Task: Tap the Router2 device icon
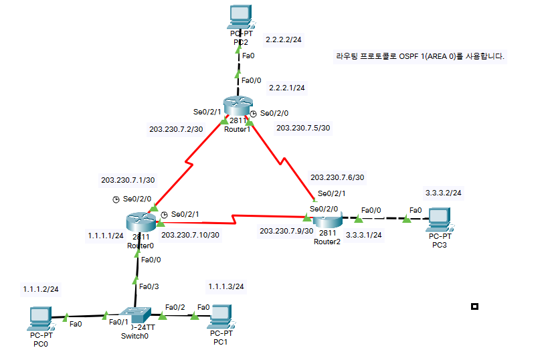click(x=327, y=219)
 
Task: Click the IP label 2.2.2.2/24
click(x=284, y=40)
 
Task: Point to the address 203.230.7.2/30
click(x=176, y=129)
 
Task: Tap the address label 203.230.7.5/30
click(x=304, y=128)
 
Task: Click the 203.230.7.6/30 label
click(x=337, y=177)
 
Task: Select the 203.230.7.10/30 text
click(x=191, y=235)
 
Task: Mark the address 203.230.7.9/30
click(x=286, y=231)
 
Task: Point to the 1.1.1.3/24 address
click(x=225, y=286)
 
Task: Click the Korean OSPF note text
click(x=420, y=57)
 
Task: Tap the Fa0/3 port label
click(x=149, y=286)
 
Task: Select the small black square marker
click(x=474, y=306)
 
